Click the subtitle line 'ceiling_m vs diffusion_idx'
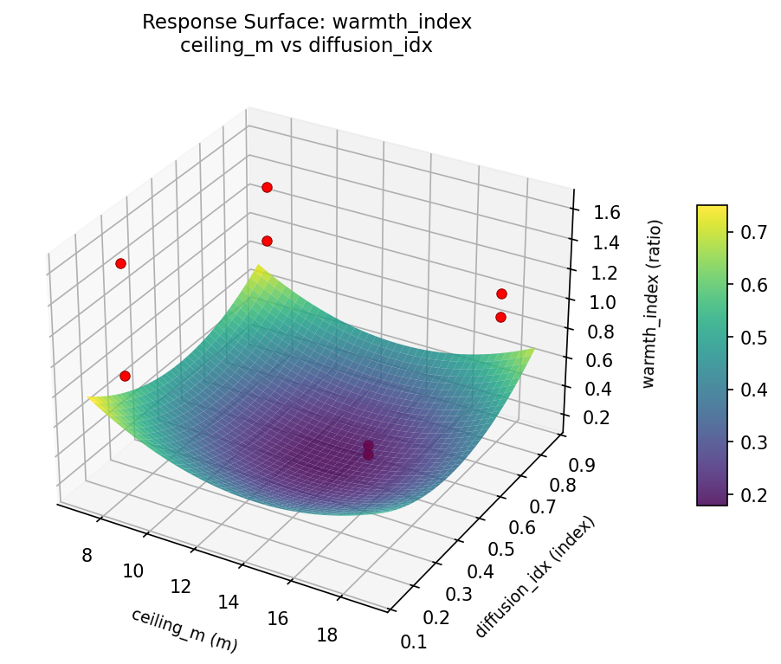[x=307, y=46]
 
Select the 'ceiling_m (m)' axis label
[x=184, y=629]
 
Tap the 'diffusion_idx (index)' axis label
[x=535, y=577]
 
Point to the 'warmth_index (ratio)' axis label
[x=656, y=302]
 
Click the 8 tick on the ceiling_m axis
[x=86, y=555]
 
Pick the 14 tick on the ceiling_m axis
[x=229, y=602]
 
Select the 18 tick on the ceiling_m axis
[x=327, y=635]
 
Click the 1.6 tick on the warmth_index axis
[x=594, y=212]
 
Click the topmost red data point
[x=267, y=187]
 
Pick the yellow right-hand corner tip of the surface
[x=532, y=350]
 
